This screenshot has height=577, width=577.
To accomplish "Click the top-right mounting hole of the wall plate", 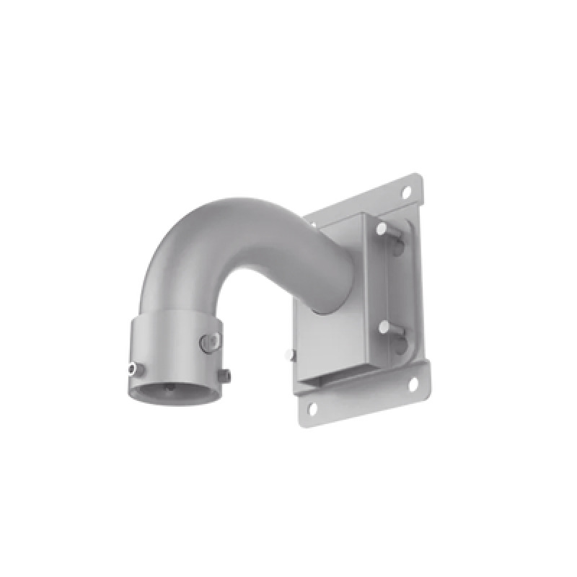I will [x=407, y=193].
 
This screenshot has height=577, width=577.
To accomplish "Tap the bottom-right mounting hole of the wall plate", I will [x=413, y=384].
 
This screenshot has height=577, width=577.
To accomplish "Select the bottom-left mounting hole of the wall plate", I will [x=312, y=408].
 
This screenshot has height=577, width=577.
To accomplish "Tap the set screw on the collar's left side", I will [x=132, y=369].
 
